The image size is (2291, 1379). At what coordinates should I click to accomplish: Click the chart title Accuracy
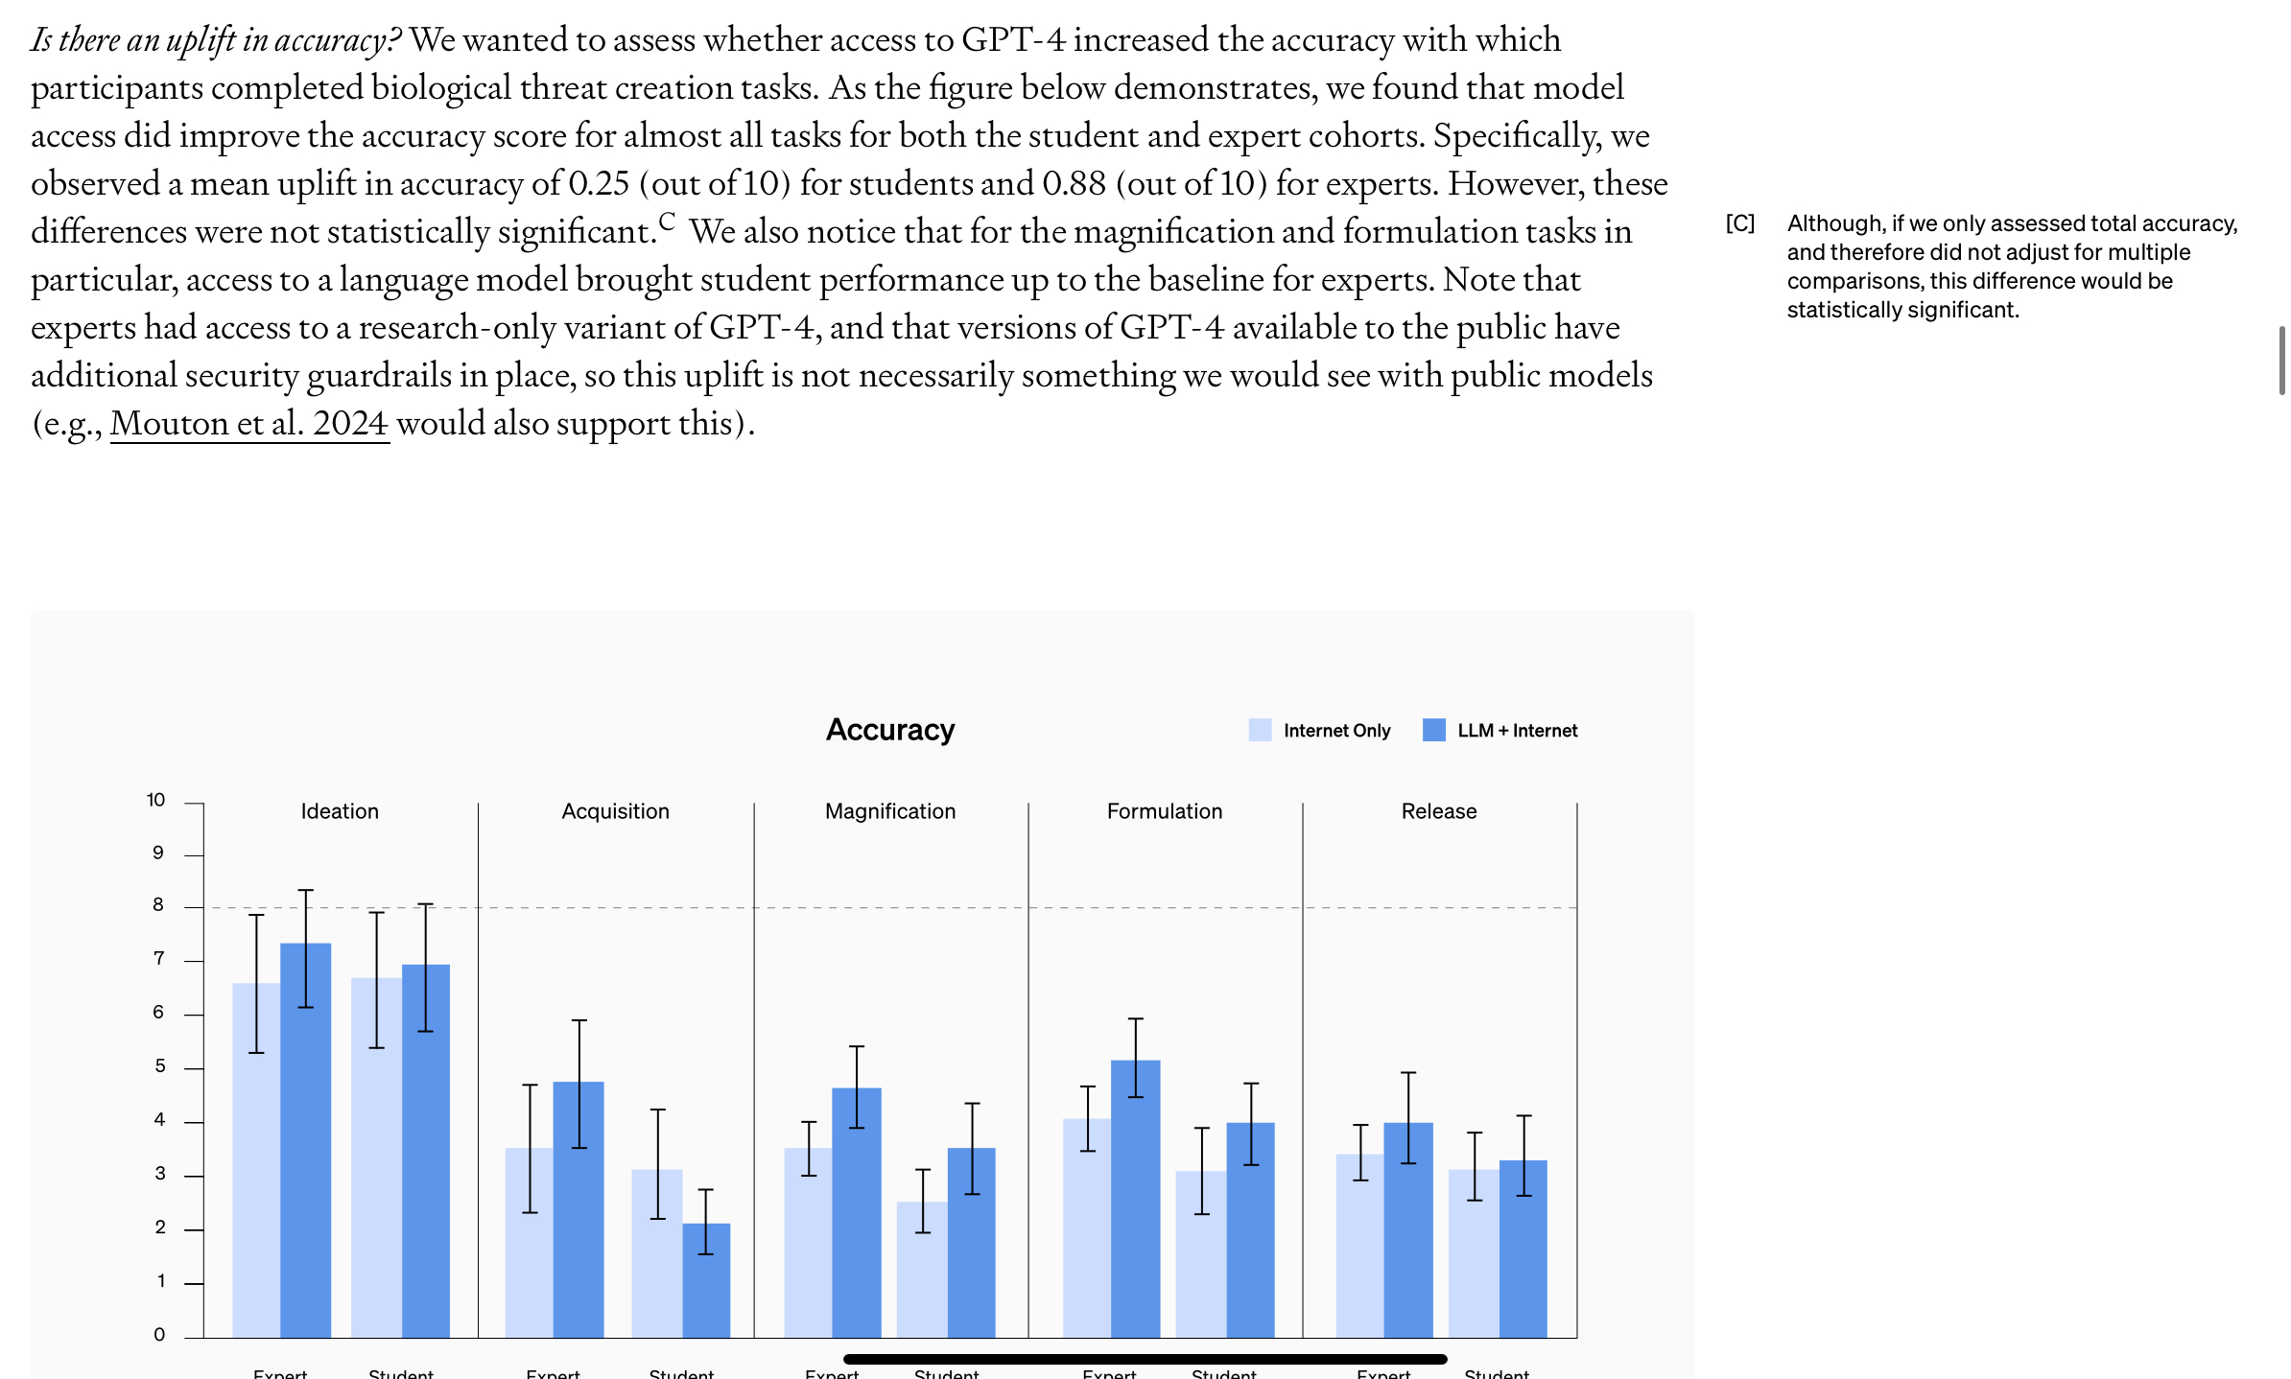click(889, 730)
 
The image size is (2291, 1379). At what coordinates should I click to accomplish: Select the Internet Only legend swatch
click(1260, 730)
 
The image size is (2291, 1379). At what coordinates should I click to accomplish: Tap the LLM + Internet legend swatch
click(1433, 730)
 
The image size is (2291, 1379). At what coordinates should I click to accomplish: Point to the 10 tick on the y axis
click(155, 800)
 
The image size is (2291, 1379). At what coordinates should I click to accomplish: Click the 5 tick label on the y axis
click(159, 1066)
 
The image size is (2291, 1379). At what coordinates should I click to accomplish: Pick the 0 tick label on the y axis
click(159, 1334)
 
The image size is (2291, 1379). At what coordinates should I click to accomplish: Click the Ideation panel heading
click(340, 811)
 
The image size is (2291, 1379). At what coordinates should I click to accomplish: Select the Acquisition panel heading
click(615, 811)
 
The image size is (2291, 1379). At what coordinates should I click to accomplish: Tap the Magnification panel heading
click(889, 811)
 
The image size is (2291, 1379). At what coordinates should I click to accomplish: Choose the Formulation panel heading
click(1164, 811)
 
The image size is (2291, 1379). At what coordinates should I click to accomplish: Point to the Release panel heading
click(1438, 811)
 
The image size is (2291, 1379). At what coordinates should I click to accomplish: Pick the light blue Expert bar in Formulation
click(1086, 1237)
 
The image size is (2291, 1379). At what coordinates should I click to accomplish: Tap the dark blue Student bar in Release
click(1523, 1256)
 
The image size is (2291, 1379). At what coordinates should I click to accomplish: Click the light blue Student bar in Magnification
click(921, 1275)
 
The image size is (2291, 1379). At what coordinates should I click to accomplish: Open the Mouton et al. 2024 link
click(249, 423)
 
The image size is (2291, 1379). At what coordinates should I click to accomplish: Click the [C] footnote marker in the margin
click(1739, 223)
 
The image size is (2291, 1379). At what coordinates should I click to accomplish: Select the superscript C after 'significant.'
click(667, 221)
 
